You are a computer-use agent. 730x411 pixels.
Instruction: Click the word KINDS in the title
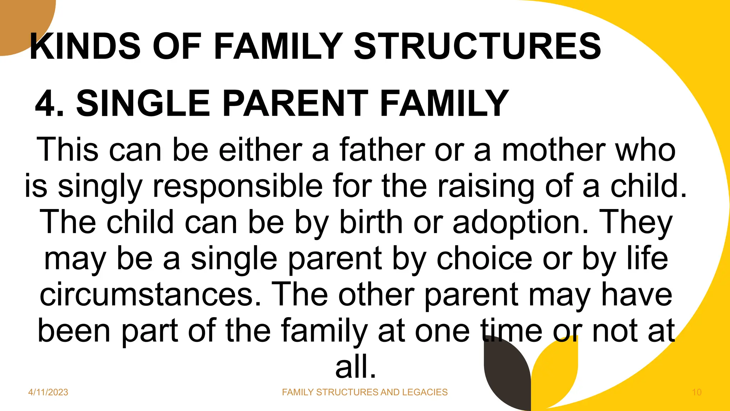point(86,46)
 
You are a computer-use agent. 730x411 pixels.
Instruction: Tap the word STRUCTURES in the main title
point(477,46)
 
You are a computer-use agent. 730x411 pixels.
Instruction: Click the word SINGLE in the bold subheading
point(143,103)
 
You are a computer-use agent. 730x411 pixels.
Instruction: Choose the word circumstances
point(150,295)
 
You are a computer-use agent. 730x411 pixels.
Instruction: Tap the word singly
point(100,186)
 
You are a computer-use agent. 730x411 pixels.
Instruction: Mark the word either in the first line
point(260,150)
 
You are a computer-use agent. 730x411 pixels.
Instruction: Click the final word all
point(355,367)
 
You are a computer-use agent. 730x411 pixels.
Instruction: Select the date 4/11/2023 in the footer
point(48,392)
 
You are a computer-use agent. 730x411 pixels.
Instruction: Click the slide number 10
point(696,392)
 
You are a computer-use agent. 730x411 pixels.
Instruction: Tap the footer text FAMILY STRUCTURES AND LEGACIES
point(365,392)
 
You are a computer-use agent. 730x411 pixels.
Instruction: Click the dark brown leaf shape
point(506,378)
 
